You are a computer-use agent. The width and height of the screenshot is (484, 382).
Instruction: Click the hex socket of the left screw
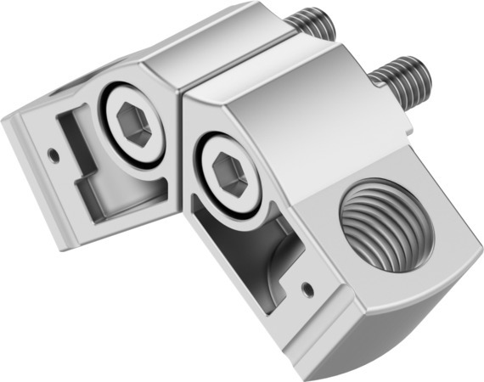coord(133,128)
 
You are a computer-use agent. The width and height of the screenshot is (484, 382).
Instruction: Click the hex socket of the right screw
coord(227,177)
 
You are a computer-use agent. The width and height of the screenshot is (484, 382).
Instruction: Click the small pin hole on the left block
coord(53,154)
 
